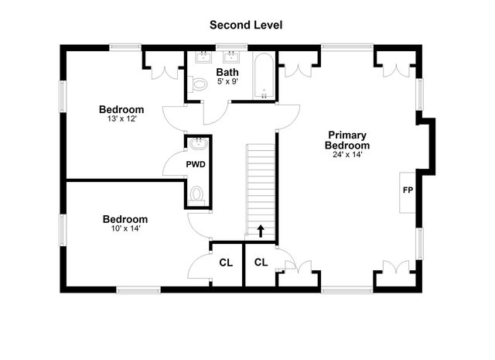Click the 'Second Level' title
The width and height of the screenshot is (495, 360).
(246, 25)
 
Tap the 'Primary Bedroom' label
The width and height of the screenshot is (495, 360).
(346, 139)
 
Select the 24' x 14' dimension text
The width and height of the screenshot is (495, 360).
(346, 155)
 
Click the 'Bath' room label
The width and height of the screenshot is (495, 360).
(227, 73)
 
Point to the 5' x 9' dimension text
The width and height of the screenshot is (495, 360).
(227, 82)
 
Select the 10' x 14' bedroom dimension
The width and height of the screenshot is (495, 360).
(125, 228)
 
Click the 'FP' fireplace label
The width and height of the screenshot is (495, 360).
(406, 190)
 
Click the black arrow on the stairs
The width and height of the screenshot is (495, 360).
(261, 230)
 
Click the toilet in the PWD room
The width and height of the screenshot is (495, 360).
(196, 194)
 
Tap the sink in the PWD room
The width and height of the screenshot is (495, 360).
(197, 143)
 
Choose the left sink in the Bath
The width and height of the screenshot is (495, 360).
(205, 57)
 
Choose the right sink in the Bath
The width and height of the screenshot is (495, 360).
(230, 57)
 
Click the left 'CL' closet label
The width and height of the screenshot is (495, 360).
(226, 262)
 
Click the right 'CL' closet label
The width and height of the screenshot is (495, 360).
(261, 262)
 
